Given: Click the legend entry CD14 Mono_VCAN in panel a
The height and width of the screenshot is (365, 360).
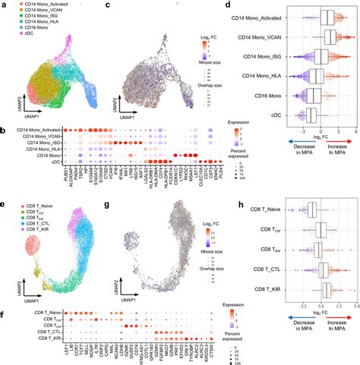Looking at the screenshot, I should point(32,17).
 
